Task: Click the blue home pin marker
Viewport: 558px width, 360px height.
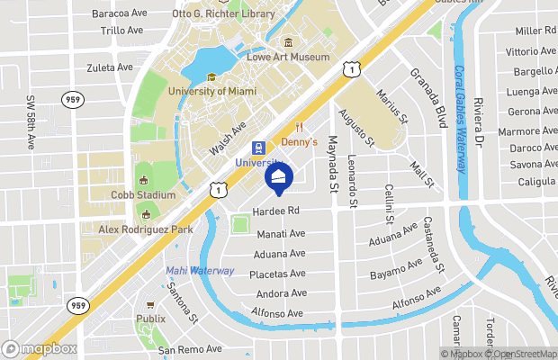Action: point(279,178)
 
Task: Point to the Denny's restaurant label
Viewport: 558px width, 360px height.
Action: point(300,142)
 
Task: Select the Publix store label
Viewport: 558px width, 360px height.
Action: point(151,319)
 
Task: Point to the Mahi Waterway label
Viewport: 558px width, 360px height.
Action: point(200,270)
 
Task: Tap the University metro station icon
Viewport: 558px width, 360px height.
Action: point(258,147)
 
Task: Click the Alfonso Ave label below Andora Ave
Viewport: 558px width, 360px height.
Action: point(281,313)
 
